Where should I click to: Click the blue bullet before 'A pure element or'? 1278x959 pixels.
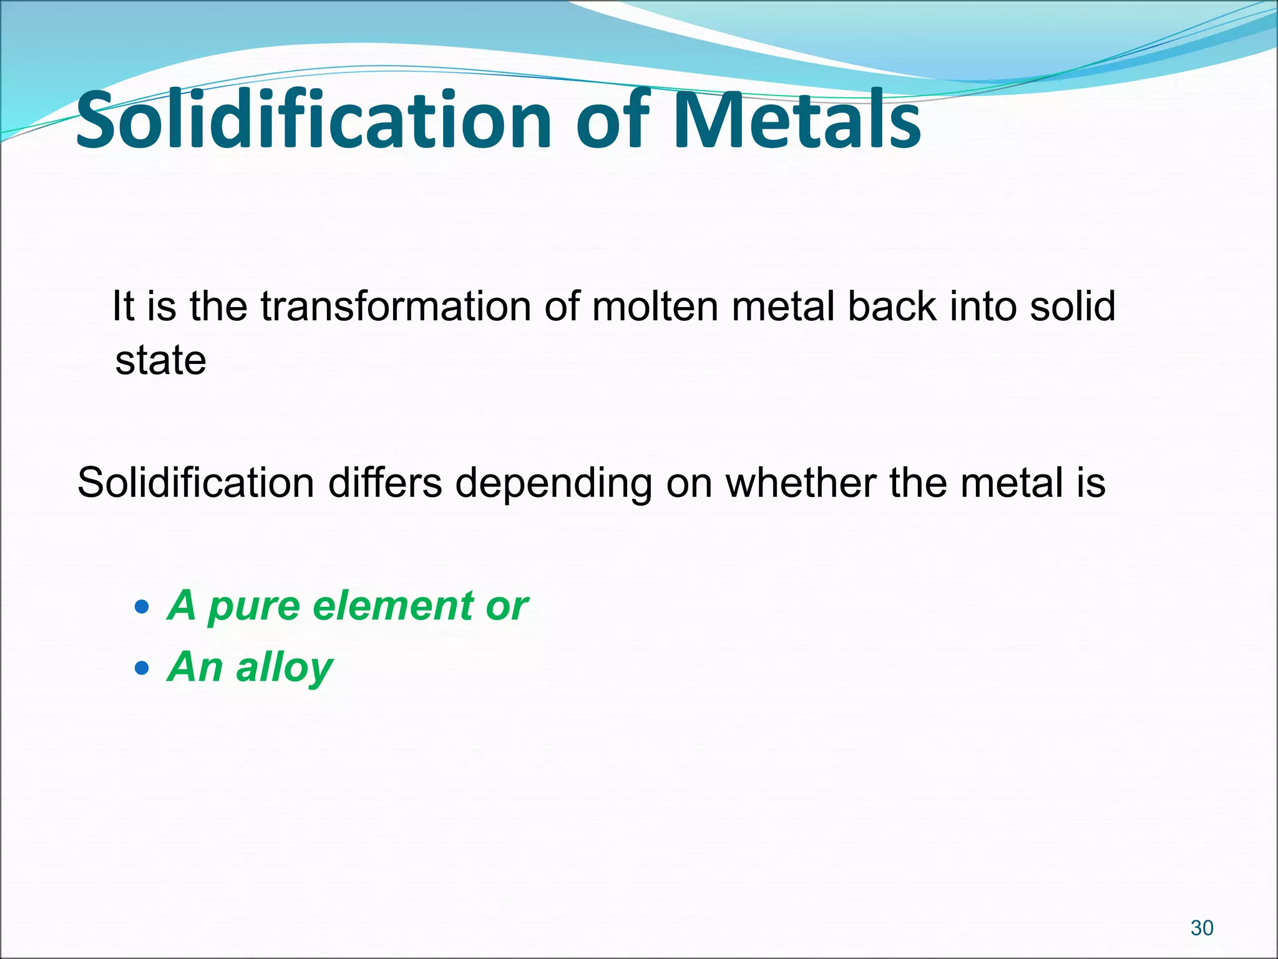pos(142,606)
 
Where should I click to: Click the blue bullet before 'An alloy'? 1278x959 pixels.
pos(142,668)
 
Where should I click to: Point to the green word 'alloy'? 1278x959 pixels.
pos(285,667)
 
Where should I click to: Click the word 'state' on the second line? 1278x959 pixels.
pos(160,361)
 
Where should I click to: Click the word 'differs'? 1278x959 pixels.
pos(385,483)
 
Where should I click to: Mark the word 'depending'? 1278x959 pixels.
pos(554,484)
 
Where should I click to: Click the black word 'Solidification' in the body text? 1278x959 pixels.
pos(195,483)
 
